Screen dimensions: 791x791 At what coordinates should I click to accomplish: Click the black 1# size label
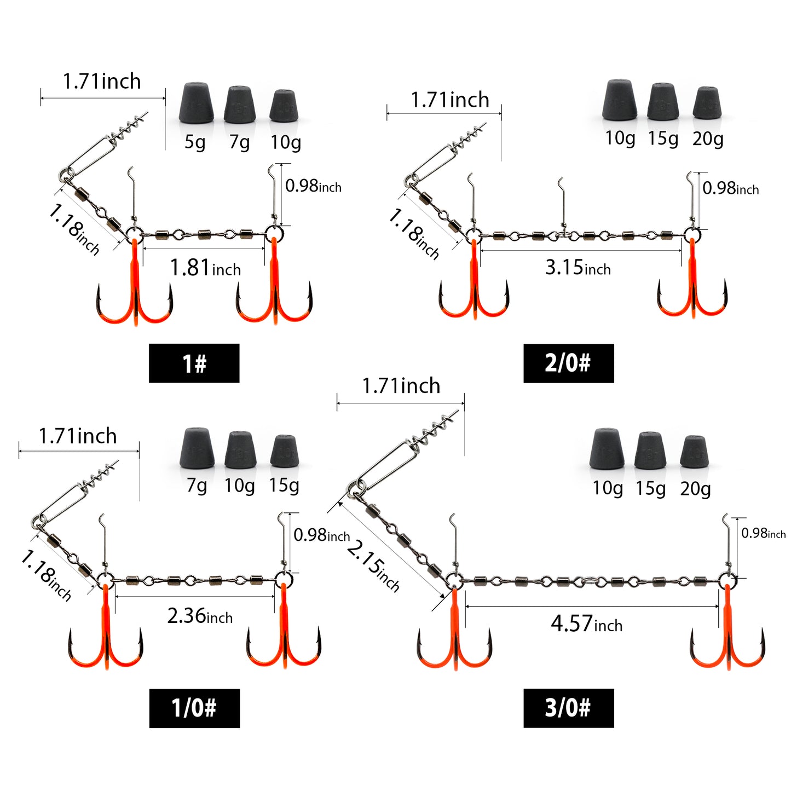pos(194,363)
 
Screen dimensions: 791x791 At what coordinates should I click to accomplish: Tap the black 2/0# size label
pos(569,363)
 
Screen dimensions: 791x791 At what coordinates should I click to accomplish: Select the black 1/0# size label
pos(194,708)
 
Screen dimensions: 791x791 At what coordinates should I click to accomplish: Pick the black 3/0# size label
pos(569,708)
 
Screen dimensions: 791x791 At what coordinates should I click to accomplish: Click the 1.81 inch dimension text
pos(205,268)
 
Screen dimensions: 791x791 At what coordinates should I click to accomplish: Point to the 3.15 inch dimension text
pos(578,268)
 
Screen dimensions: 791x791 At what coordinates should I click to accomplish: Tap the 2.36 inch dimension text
pos(200,616)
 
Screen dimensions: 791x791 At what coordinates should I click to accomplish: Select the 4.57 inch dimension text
pos(587,623)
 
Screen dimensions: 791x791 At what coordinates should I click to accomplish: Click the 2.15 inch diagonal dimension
pos(373,567)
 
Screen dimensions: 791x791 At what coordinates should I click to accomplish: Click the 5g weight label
pos(194,142)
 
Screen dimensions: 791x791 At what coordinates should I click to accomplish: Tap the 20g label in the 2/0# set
pos(708,139)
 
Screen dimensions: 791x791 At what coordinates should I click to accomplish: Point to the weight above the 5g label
pos(196,102)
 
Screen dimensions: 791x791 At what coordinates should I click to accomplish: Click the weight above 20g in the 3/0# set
pos(694,451)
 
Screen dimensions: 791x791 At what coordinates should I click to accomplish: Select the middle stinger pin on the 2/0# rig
pos(562,205)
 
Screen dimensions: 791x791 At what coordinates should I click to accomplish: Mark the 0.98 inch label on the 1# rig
pos(313,186)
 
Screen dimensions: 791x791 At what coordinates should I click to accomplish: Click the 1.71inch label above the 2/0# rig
pos(450,100)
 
